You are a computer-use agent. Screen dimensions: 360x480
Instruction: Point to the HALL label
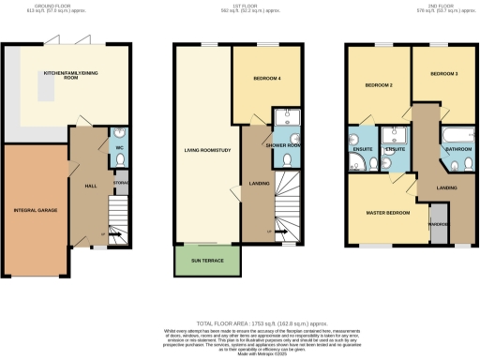91,186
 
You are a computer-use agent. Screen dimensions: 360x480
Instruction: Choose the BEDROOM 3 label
443,73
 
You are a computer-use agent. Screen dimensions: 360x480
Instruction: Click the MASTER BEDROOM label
386,212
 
